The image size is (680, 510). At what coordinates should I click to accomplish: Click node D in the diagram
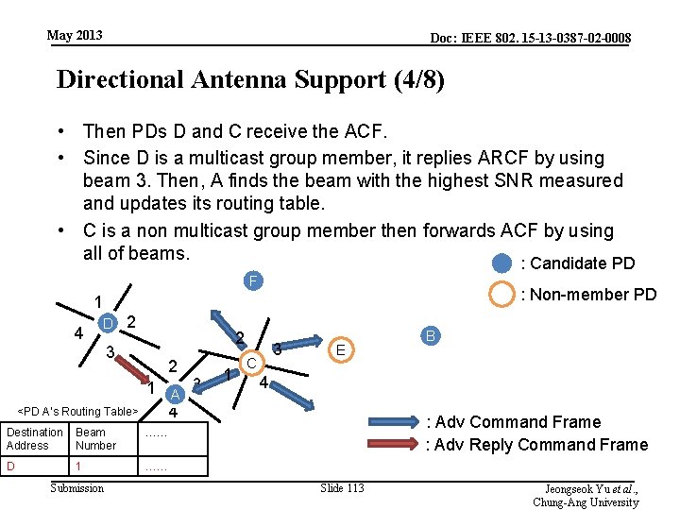(109, 324)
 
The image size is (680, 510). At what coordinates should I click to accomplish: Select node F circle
(251, 280)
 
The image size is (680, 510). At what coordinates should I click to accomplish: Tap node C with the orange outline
(251, 362)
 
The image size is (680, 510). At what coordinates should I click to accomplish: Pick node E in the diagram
(341, 350)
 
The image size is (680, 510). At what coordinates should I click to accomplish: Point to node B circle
(430, 335)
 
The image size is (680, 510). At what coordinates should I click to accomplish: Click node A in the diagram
(174, 394)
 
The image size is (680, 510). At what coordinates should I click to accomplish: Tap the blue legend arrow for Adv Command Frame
(388, 422)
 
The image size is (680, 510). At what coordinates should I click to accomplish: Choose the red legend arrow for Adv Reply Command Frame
(388, 444)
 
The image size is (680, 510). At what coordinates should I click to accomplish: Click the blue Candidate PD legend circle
(501, 263)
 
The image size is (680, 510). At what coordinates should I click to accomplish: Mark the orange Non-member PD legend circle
(501, 295)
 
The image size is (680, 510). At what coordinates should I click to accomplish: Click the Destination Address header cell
(34, 438)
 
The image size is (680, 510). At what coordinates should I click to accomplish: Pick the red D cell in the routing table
(34, 467)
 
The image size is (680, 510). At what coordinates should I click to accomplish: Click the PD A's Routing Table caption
(79, 411)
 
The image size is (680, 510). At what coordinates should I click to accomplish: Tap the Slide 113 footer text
(342, 487)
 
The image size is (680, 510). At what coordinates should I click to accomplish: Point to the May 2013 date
(75, 36)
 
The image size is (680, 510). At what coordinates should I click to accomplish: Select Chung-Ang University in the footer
(586, 502)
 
